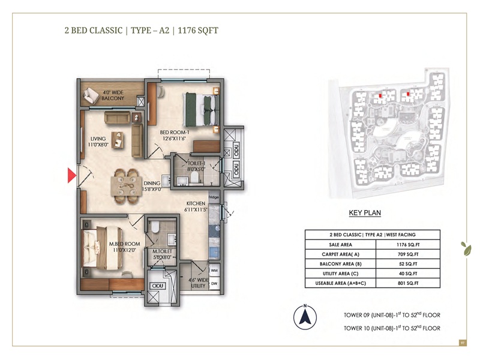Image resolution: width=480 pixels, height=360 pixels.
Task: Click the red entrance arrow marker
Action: point(71,175)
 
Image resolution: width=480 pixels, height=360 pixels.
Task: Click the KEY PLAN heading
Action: point(365,212)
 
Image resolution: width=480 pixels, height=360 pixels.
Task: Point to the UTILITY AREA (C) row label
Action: point(340,274)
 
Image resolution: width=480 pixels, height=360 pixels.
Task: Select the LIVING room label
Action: point(98,142)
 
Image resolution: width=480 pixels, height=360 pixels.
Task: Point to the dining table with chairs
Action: point(127,182)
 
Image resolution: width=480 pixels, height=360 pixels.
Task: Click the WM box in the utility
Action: point(214,271)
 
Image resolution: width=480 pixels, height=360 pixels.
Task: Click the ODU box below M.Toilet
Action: point(158,286)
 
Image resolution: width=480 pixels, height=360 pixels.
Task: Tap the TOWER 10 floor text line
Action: point(392,328)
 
